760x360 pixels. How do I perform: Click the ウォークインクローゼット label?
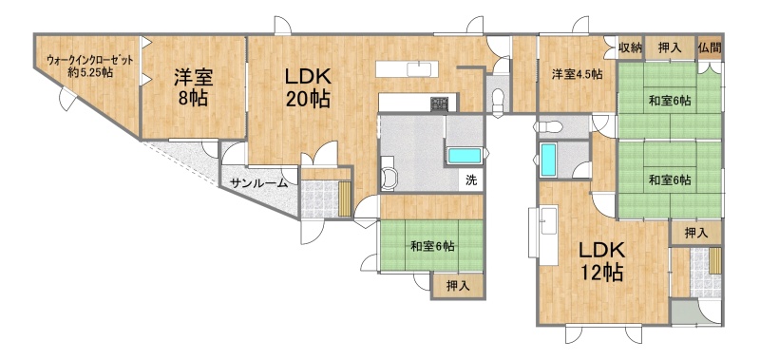click(89, 62)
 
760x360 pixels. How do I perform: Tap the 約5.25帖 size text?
click(90, 73)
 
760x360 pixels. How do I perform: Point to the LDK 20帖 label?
click(307, 87)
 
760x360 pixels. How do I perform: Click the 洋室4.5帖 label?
click(578, 75)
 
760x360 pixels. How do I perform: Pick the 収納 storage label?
click(630, 47)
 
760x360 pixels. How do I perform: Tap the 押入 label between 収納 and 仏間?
click(670, 47)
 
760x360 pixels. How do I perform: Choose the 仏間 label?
click(710, 47)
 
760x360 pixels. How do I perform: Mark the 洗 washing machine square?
click(471, 180)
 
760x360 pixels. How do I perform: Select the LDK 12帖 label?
click(602, 261)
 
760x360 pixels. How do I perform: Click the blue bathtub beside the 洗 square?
click(465, 156)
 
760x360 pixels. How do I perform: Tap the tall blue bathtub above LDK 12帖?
click(548, 160)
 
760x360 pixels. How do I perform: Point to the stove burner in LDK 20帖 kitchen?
click(439, 104)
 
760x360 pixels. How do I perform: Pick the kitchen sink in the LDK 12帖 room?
click(549, 221)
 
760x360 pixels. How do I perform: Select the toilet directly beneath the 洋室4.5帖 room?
click(548, 127)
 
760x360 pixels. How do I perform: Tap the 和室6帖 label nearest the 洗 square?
click(432, 247)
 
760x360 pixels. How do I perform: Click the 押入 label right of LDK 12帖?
click(696, 233)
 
